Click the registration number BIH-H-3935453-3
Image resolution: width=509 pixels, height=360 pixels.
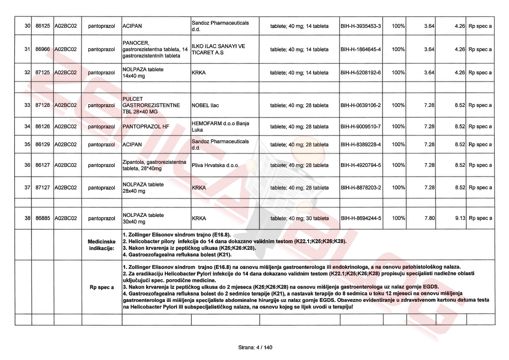point(361,26)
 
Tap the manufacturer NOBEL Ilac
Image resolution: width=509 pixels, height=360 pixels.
point(205,105)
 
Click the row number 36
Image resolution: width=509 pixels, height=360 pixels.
point(27,165)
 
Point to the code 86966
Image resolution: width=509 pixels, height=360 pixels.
point(43,49)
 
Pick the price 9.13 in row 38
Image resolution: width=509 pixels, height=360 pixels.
point(460,218)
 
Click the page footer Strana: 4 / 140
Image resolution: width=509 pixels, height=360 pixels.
point(255,347)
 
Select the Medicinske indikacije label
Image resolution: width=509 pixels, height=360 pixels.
point(102,245)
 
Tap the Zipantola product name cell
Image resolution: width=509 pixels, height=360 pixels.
point(154,165)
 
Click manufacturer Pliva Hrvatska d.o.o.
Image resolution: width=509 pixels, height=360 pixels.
point(215,165)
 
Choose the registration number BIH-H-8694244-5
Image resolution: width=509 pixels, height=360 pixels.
point(361,218)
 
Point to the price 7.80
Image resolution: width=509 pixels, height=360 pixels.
point(429,218)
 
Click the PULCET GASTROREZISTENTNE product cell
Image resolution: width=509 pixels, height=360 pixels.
point(151,105)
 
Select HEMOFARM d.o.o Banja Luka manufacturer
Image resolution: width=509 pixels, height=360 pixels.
point(220,127)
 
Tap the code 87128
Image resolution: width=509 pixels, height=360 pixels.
point(43,105)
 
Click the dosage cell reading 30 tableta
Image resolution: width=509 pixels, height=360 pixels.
point(299,218)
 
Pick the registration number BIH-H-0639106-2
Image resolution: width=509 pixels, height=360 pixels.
point(361,105)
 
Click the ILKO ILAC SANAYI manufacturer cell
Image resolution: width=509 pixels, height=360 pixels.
point(218,49)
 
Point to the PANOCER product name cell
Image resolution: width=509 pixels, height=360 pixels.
point(155,49)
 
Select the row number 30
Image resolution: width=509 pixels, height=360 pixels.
point(27,26)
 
